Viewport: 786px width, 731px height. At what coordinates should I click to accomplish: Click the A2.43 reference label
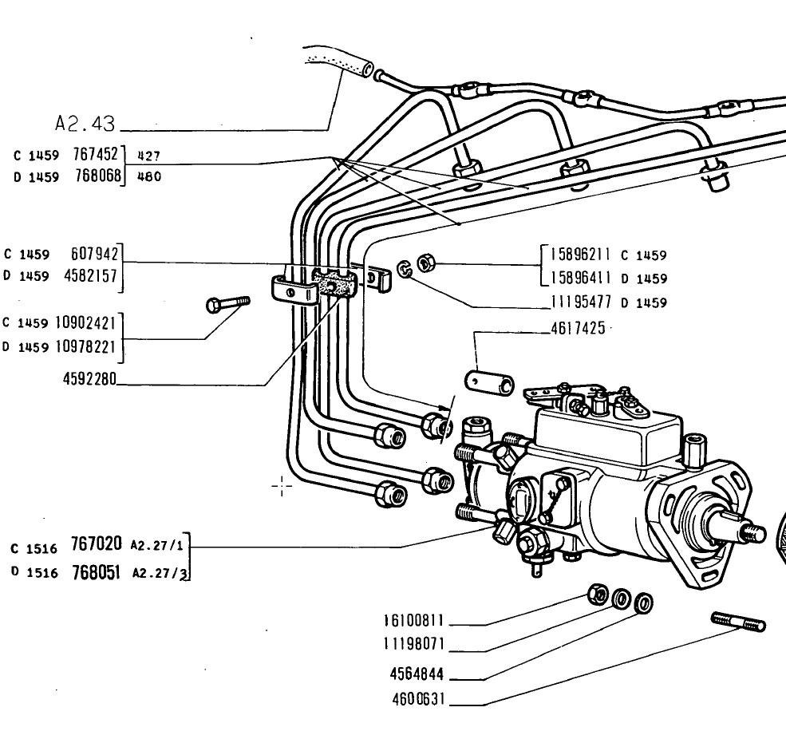[x=85, y=124]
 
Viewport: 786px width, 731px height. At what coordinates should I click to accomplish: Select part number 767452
[x=95, y=154]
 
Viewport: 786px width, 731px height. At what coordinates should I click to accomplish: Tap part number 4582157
[x=91, y=276]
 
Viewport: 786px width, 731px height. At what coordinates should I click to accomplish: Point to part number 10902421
[x=85, y=322]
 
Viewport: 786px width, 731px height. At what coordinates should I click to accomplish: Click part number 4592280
[x=89, y=378]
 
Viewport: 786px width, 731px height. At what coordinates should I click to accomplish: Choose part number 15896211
[x=580, y=255]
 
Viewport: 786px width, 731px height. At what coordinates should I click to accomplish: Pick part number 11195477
[x=581, y=302]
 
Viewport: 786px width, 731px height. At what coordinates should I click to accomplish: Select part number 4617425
[x=578, y=329]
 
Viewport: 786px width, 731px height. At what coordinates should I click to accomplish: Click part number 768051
[x=96, y=572]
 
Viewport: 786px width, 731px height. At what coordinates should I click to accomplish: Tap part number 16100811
[x=414, y=621]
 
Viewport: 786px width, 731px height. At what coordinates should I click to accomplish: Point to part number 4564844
[x=417, y=674]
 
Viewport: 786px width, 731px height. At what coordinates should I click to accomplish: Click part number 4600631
[x=419, y=699]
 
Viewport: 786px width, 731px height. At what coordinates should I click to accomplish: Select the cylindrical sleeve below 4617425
[x=490, y=382]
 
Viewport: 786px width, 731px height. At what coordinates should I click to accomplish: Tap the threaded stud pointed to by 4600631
[x=738, y=622]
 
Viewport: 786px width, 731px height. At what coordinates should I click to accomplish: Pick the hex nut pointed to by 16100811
[x=598, y=594]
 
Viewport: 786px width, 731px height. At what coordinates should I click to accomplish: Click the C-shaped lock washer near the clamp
[x=404, y=269]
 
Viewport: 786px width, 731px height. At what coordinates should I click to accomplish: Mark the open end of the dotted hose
[x=368, y=69]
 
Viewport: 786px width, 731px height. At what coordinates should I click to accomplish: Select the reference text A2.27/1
[x=157, y=545]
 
